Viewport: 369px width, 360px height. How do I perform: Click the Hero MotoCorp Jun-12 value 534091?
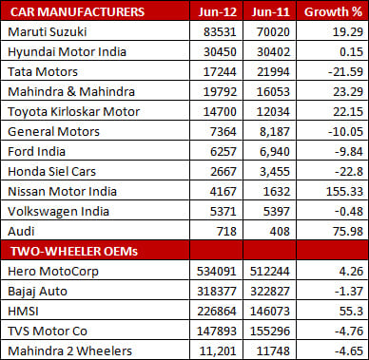[x=218, y=272]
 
